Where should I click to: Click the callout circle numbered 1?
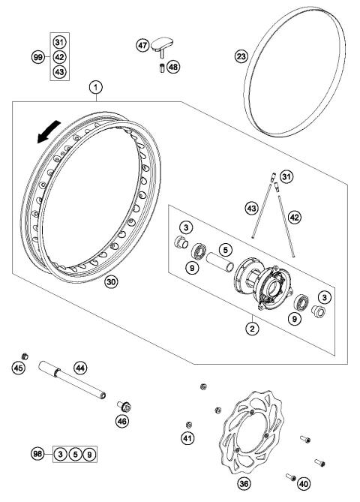(95, 88)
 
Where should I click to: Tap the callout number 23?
(241, 57)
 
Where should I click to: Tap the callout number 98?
(37, 453)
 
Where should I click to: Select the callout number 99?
(37, 56)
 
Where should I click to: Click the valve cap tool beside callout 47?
(164, 48)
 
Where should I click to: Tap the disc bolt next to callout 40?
(290, 475)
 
